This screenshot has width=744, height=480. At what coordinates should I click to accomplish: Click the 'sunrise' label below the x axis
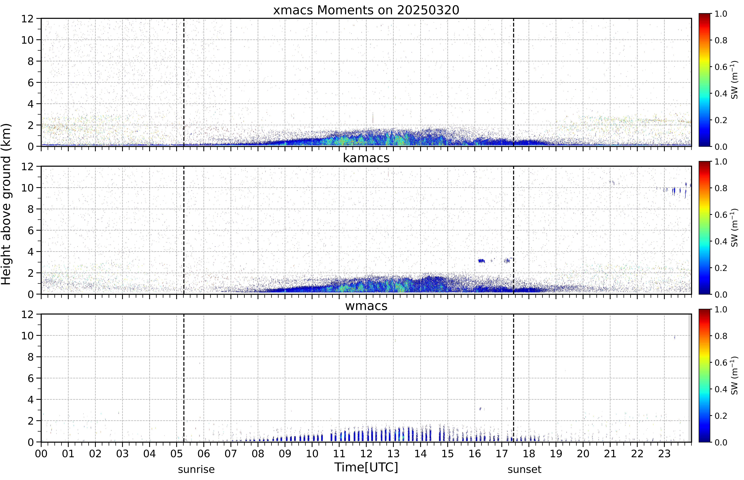[196, 469]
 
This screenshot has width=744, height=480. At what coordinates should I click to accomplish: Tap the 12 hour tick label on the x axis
[366, 453]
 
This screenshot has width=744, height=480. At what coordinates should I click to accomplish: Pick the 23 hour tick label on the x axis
[664, 453]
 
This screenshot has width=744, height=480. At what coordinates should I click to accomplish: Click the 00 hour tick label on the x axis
[41, 453]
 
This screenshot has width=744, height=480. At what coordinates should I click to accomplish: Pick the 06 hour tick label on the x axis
[204, 453]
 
